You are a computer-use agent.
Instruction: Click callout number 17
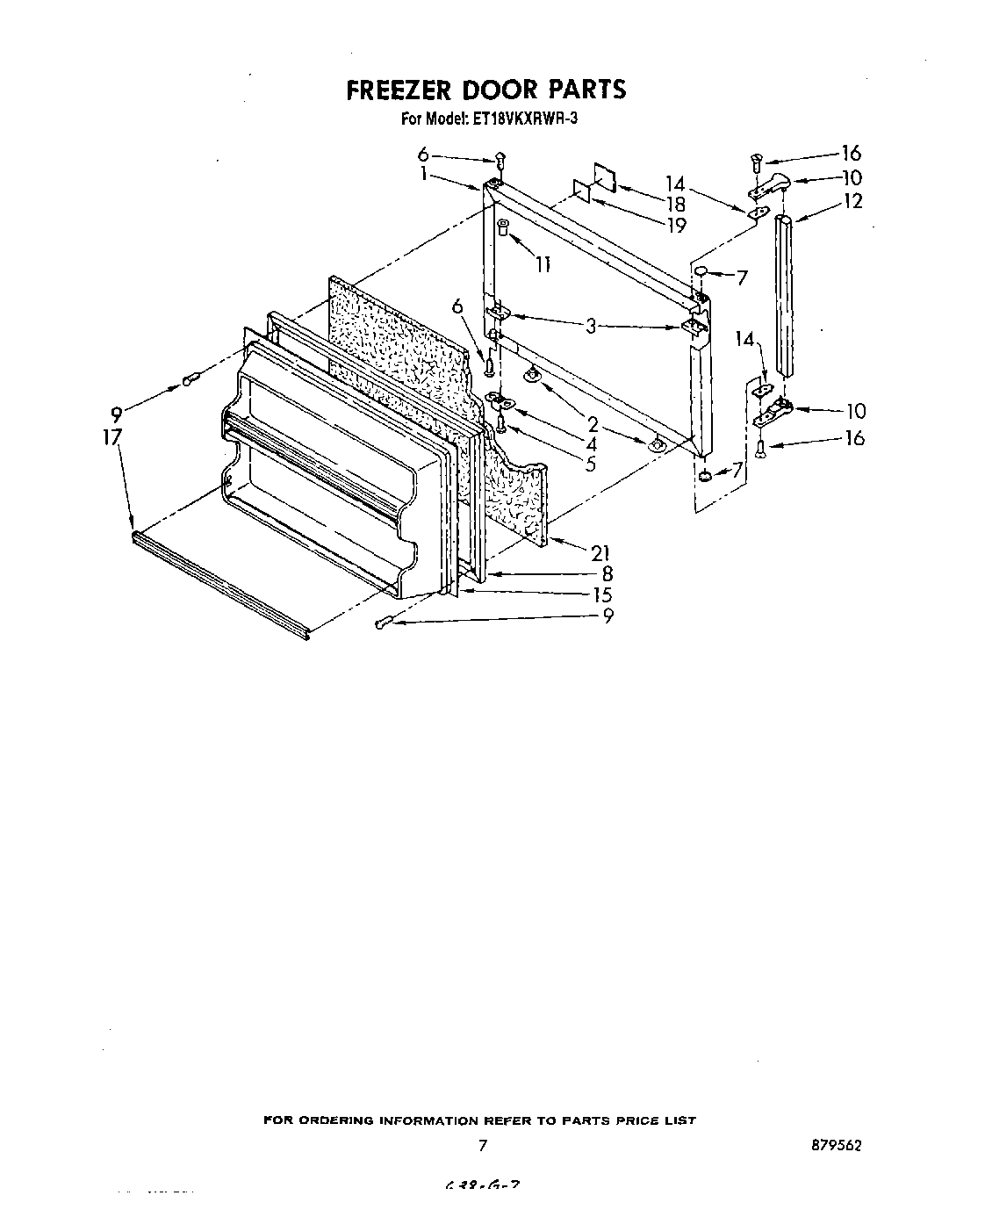point(111,436)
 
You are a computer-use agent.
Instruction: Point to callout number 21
point(600,552)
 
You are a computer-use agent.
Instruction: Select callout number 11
point(543,263)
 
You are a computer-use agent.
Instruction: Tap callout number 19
point(676,225)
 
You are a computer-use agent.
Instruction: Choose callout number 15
point(601,594)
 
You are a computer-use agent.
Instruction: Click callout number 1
point(424,174)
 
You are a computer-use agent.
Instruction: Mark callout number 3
point(592,326)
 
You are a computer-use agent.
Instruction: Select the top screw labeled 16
point(756,161)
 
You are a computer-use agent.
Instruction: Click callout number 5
point(591,464)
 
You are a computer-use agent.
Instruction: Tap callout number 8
point(607,573)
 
